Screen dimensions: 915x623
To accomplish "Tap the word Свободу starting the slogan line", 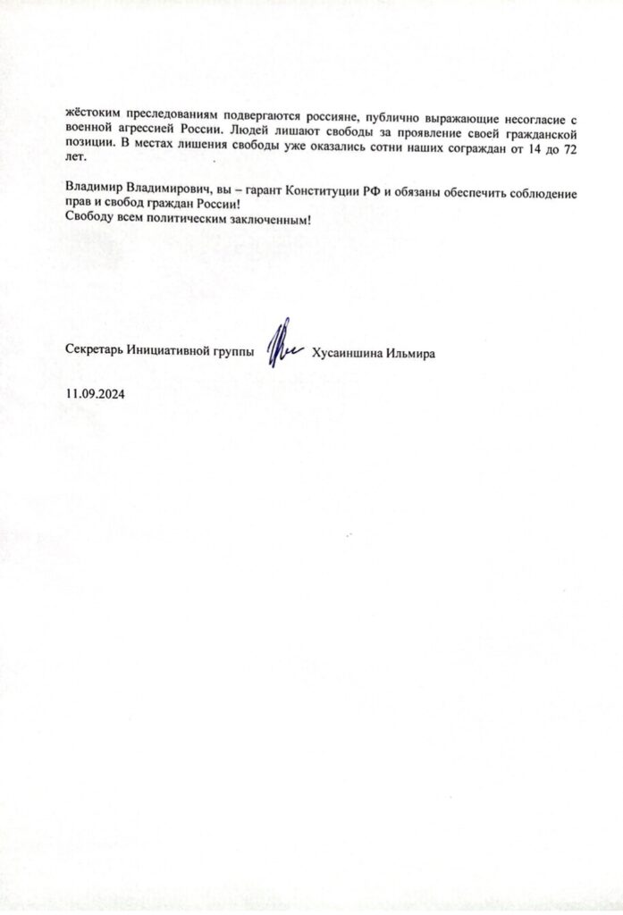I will [90, 221].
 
